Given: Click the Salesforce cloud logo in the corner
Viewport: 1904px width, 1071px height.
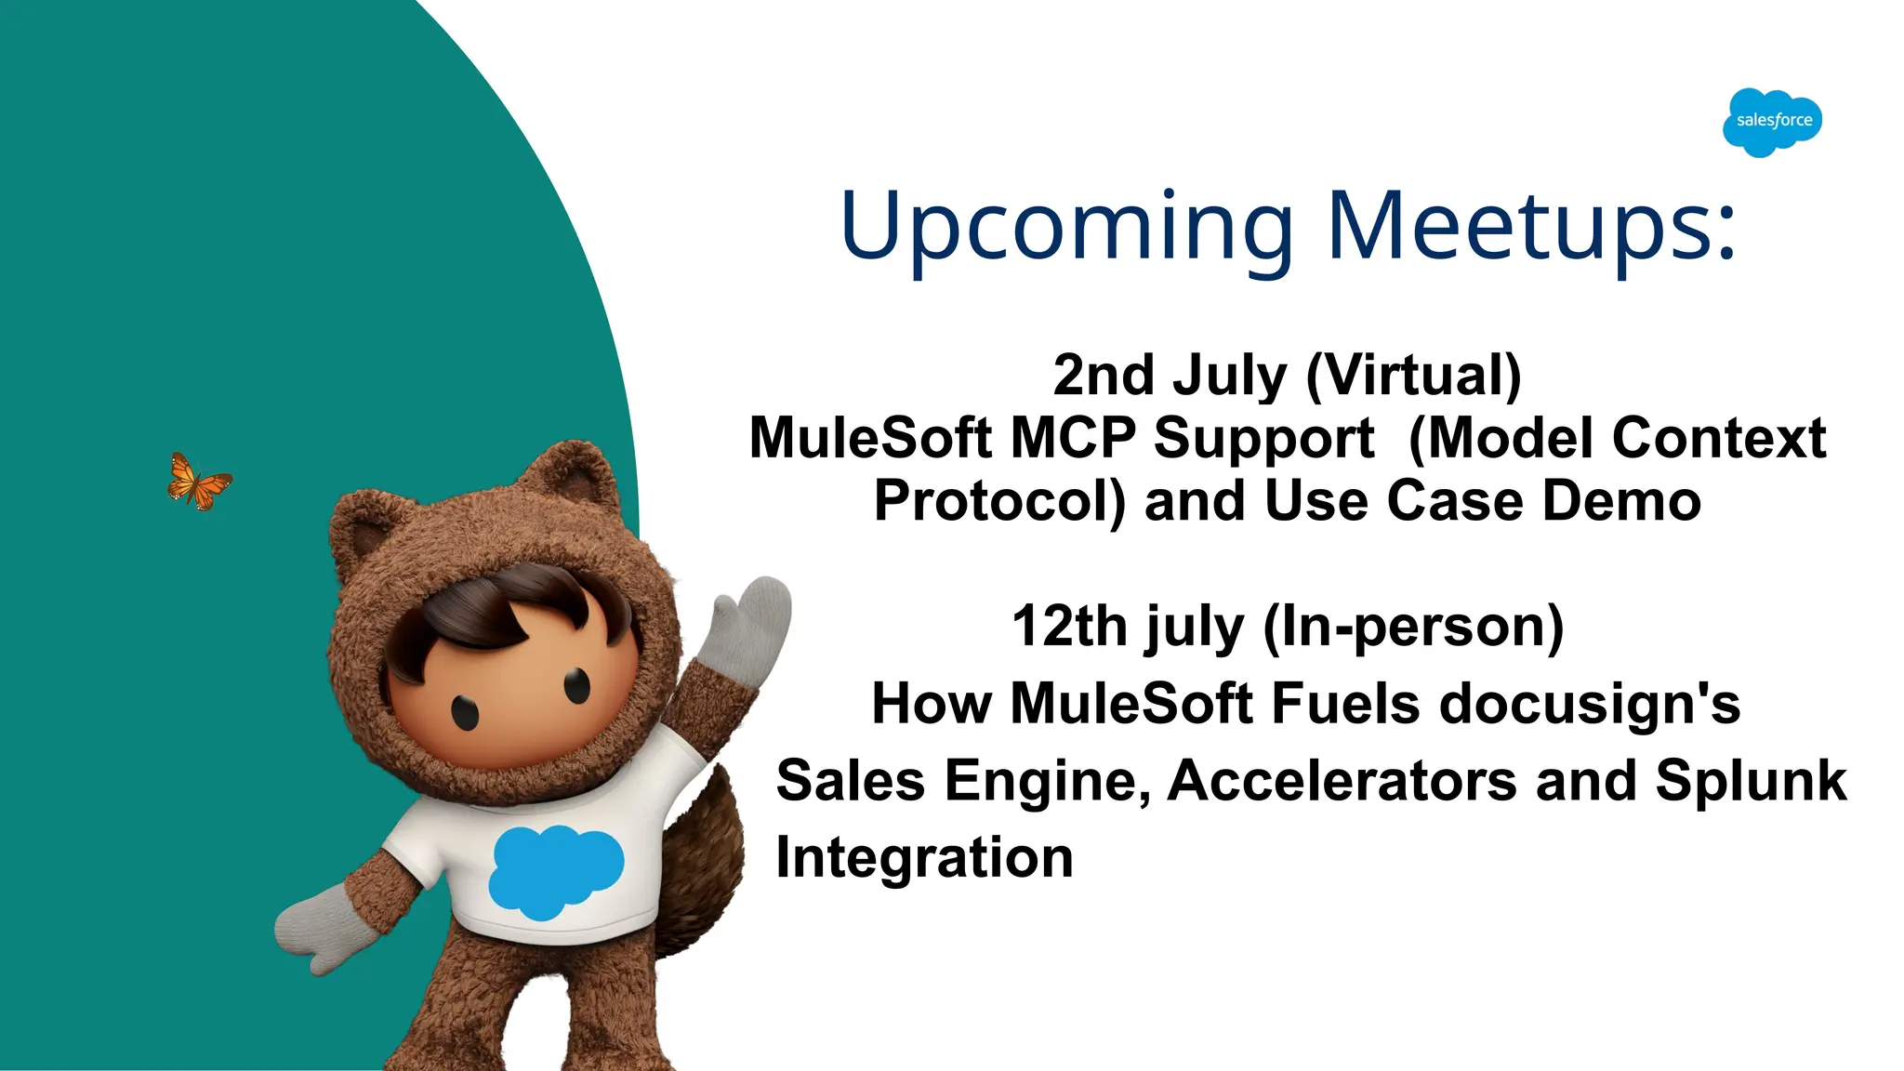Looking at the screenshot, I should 1772,122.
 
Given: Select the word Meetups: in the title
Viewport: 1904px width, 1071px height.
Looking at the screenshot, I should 1531,226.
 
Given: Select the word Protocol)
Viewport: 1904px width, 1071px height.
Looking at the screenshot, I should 999,501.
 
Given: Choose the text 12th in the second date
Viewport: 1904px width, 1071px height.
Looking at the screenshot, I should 1068,627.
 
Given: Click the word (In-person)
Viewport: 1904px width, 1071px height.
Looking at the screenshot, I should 1413,627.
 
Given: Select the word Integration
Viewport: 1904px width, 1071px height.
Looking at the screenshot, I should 924,857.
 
